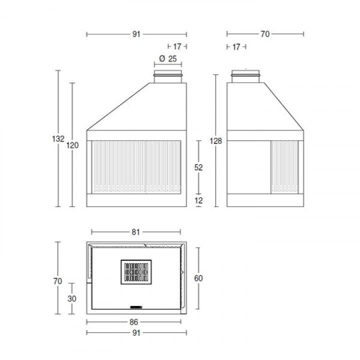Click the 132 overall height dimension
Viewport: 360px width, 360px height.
click(58, 139)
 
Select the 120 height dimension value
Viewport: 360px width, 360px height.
click(73, 145)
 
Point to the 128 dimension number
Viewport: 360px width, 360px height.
click(216, 141)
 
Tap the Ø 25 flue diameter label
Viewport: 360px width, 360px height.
click(168, 59)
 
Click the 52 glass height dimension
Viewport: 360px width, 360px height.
click(199, 167)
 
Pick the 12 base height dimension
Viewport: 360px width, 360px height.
click(199, 200)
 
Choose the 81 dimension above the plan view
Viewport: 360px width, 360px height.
click(136, 232)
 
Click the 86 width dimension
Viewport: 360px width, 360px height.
click(134, 322)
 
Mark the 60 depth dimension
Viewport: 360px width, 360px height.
click(199, 278)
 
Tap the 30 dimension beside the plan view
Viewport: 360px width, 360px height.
click(72, 299)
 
